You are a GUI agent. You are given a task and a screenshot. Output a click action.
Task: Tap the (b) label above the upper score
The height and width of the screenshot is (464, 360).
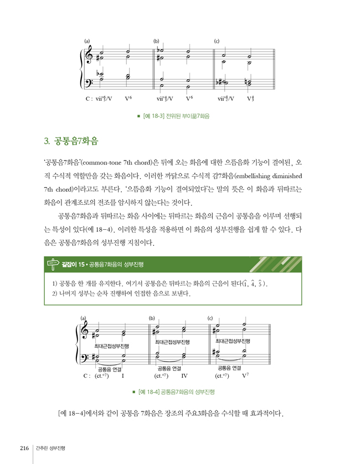click(156, 42)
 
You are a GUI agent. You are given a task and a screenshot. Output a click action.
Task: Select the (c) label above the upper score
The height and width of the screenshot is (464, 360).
click(217, 42)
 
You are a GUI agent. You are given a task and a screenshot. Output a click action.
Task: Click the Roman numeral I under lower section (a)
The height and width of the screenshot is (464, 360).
click(122, 376)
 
